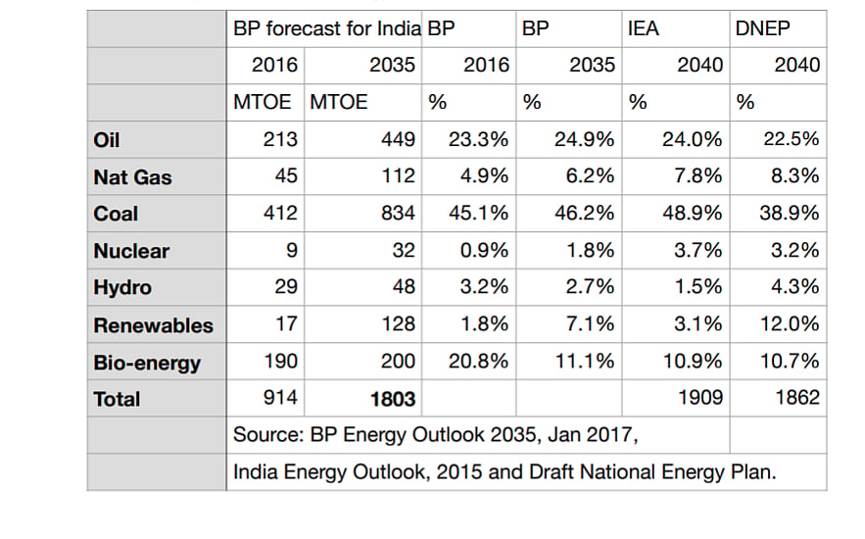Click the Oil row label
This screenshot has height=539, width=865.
107,140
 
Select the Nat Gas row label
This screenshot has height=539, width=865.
132,177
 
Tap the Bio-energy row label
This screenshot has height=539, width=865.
147,363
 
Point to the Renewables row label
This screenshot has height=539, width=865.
154,325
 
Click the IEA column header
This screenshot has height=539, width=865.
644,28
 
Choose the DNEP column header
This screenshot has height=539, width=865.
762,28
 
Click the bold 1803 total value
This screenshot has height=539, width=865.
392,399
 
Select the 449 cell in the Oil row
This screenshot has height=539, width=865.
398,139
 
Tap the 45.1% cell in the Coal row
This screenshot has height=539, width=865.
478,213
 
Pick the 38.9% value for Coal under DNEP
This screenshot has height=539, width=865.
789,213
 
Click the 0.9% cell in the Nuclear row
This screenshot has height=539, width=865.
484,251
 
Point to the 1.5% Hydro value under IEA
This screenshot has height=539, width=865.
697,287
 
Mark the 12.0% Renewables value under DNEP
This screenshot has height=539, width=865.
790,323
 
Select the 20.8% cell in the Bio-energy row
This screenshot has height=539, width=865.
478,362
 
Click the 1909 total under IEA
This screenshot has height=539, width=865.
700,398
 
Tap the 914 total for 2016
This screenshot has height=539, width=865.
280,398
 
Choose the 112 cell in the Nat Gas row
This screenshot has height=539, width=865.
398,176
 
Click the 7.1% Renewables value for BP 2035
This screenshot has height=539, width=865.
591,323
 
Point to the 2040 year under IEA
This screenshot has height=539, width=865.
700,65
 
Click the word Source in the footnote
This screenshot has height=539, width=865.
268,435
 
